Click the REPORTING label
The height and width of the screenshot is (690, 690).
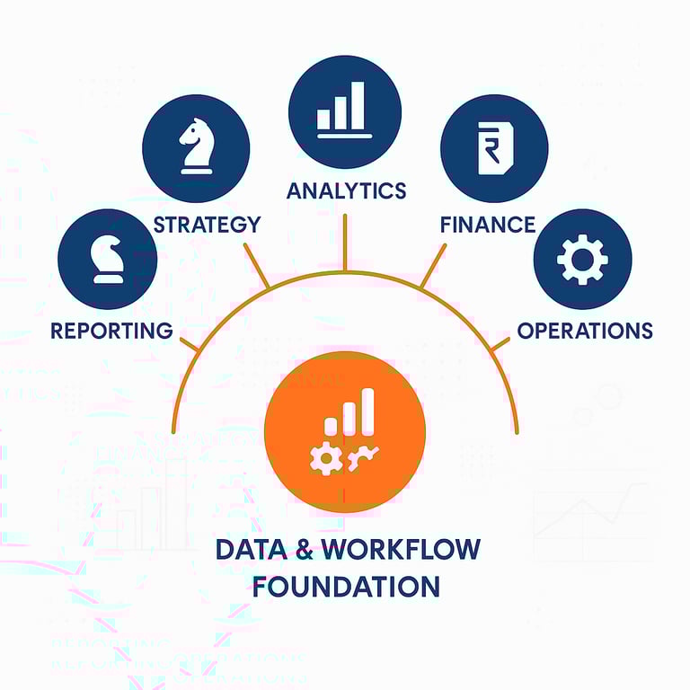coord(111,330)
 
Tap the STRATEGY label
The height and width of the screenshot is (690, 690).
coord(207,224)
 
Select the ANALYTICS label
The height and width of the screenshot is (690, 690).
coord(346,190)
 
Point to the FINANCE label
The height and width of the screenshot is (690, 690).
coord(488,224)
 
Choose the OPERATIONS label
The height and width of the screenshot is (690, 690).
coord(584,330)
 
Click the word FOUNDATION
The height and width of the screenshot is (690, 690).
coord(346,587)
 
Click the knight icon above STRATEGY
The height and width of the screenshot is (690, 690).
coord(196,146)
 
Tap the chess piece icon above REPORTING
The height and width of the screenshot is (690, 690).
coord(107,260)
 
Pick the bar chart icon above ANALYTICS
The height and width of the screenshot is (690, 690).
coord(345,110)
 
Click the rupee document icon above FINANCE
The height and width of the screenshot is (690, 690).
coord(493,147)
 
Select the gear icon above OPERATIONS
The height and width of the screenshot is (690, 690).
coord(582,260)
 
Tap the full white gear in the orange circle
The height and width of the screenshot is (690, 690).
coord(324,459)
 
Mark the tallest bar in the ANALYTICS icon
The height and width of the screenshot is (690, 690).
coord(358,105)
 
